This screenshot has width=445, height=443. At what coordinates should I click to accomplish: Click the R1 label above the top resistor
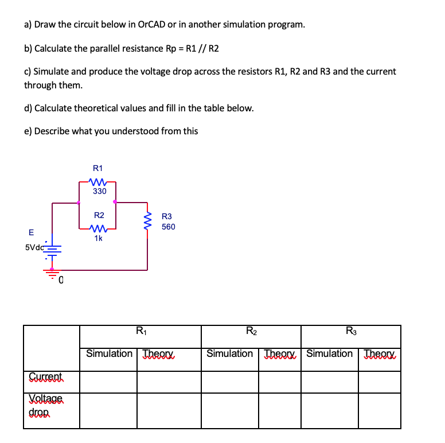point(97,168)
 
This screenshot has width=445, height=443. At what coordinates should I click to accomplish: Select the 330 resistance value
point(99,191)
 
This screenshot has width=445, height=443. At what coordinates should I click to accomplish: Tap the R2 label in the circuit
point(99,215)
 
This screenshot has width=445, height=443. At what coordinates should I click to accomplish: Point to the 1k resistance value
point(99,238)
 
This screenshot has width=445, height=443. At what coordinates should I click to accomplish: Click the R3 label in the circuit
point(167,216)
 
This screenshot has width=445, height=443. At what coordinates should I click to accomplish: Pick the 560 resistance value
point(168,227)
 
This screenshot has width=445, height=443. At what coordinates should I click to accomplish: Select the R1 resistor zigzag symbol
point(99,181)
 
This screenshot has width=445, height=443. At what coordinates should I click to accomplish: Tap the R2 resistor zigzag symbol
point(99,228)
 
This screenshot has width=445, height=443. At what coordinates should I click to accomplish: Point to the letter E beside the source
point(30,232)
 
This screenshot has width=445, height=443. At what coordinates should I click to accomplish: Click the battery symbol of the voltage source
point(52,250)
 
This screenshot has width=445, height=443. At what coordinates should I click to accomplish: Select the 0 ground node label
point(60,281)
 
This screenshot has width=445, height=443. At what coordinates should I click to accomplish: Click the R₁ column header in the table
point(140,331)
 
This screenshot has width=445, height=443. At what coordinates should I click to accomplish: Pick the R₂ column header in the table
point(251,331)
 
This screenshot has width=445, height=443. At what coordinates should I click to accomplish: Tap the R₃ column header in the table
point(350,331)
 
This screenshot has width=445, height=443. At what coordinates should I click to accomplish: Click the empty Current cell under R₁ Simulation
point(108,381)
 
